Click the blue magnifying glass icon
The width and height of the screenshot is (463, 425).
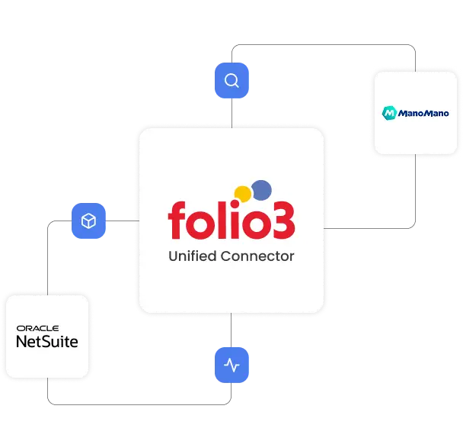pyautogui.click(x=231, y=80)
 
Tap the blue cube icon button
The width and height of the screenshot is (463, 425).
pyautogui.click(x=88, y=221)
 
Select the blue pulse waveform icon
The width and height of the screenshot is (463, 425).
pyautogui.click(x=231, y=365)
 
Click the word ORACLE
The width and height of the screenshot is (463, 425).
pyautogui.click(x=37, y=328)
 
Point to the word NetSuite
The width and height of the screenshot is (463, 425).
pyautogui.click(x=47, y=342)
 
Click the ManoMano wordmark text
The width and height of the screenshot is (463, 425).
pyautogui.click(x=423, y=114)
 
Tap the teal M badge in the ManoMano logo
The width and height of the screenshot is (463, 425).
pyautogui.click(x=389, y=113)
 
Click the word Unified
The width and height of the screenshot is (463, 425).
pyautogui.click(x=192, y=256)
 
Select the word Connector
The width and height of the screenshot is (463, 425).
pyautogui.click(x=257, y=256)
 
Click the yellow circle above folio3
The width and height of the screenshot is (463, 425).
pyautogui.click(x=243, y=194)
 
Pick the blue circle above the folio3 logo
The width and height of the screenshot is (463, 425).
pyautogui.click(x=261, y=190)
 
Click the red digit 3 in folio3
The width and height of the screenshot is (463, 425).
pyautogui.click(x=283, y=220)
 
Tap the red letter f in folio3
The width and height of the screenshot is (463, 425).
pyautogui.click(x=177, y=220)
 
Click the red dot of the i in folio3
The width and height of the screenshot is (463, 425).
pyautogui.click(x=235, y=204)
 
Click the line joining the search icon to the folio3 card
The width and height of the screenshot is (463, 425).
pyautogui.click(x=231, y=113)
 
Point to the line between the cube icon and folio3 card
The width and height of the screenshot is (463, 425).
pyautogui.click(x=123, y=221)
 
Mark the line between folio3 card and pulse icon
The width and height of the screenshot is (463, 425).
pyautogui.click(x=231, y=330)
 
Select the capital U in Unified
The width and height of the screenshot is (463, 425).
pyautogui.click(x=173, y=256)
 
